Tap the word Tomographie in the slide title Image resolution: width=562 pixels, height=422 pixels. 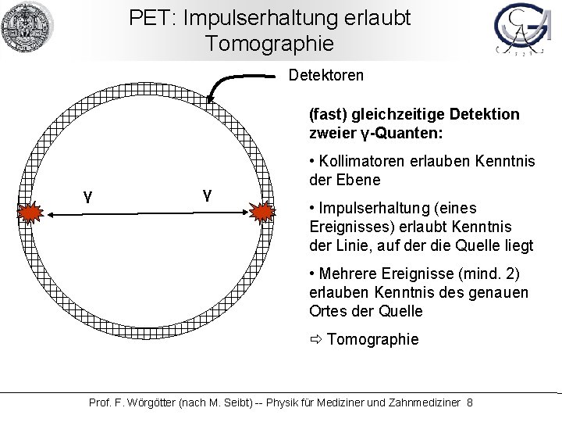269,43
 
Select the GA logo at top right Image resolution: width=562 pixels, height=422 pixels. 520,31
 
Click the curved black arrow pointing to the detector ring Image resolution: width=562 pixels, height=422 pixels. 234,83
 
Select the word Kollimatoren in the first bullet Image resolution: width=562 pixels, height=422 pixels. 360,162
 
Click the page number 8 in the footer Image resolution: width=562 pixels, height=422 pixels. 469,402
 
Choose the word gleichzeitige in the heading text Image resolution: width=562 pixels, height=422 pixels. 385,115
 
